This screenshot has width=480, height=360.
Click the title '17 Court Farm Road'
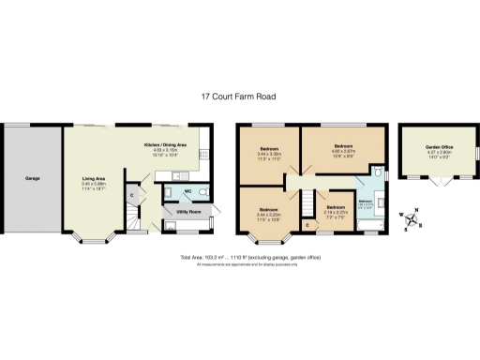point(239,96)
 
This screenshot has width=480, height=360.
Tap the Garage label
point(32,177)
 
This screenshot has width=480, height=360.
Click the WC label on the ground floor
point(188,190)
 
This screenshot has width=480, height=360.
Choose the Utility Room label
point(189,212)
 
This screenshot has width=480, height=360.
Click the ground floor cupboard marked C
point(132,195)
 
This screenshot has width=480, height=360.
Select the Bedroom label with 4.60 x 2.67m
point(343,147)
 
